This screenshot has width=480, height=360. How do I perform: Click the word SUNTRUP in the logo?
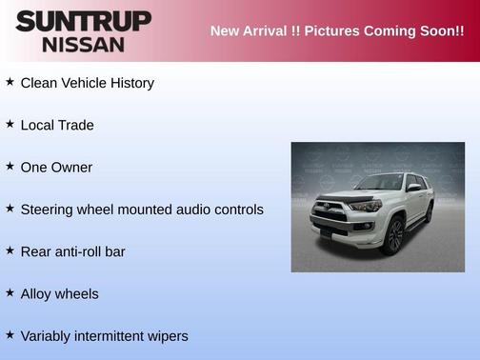[83, 20]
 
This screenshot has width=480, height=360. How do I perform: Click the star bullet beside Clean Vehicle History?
[10, 82]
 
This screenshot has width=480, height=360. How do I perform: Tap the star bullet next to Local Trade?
[10, 124]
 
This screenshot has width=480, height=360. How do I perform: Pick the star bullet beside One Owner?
[10, 166]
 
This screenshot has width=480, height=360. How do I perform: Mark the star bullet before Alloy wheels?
[10, 292]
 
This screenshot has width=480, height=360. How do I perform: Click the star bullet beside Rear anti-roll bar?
[10, 250]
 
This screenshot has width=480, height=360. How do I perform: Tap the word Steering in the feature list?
[48, 210]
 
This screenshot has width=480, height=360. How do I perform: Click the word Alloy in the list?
[36, 294]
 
